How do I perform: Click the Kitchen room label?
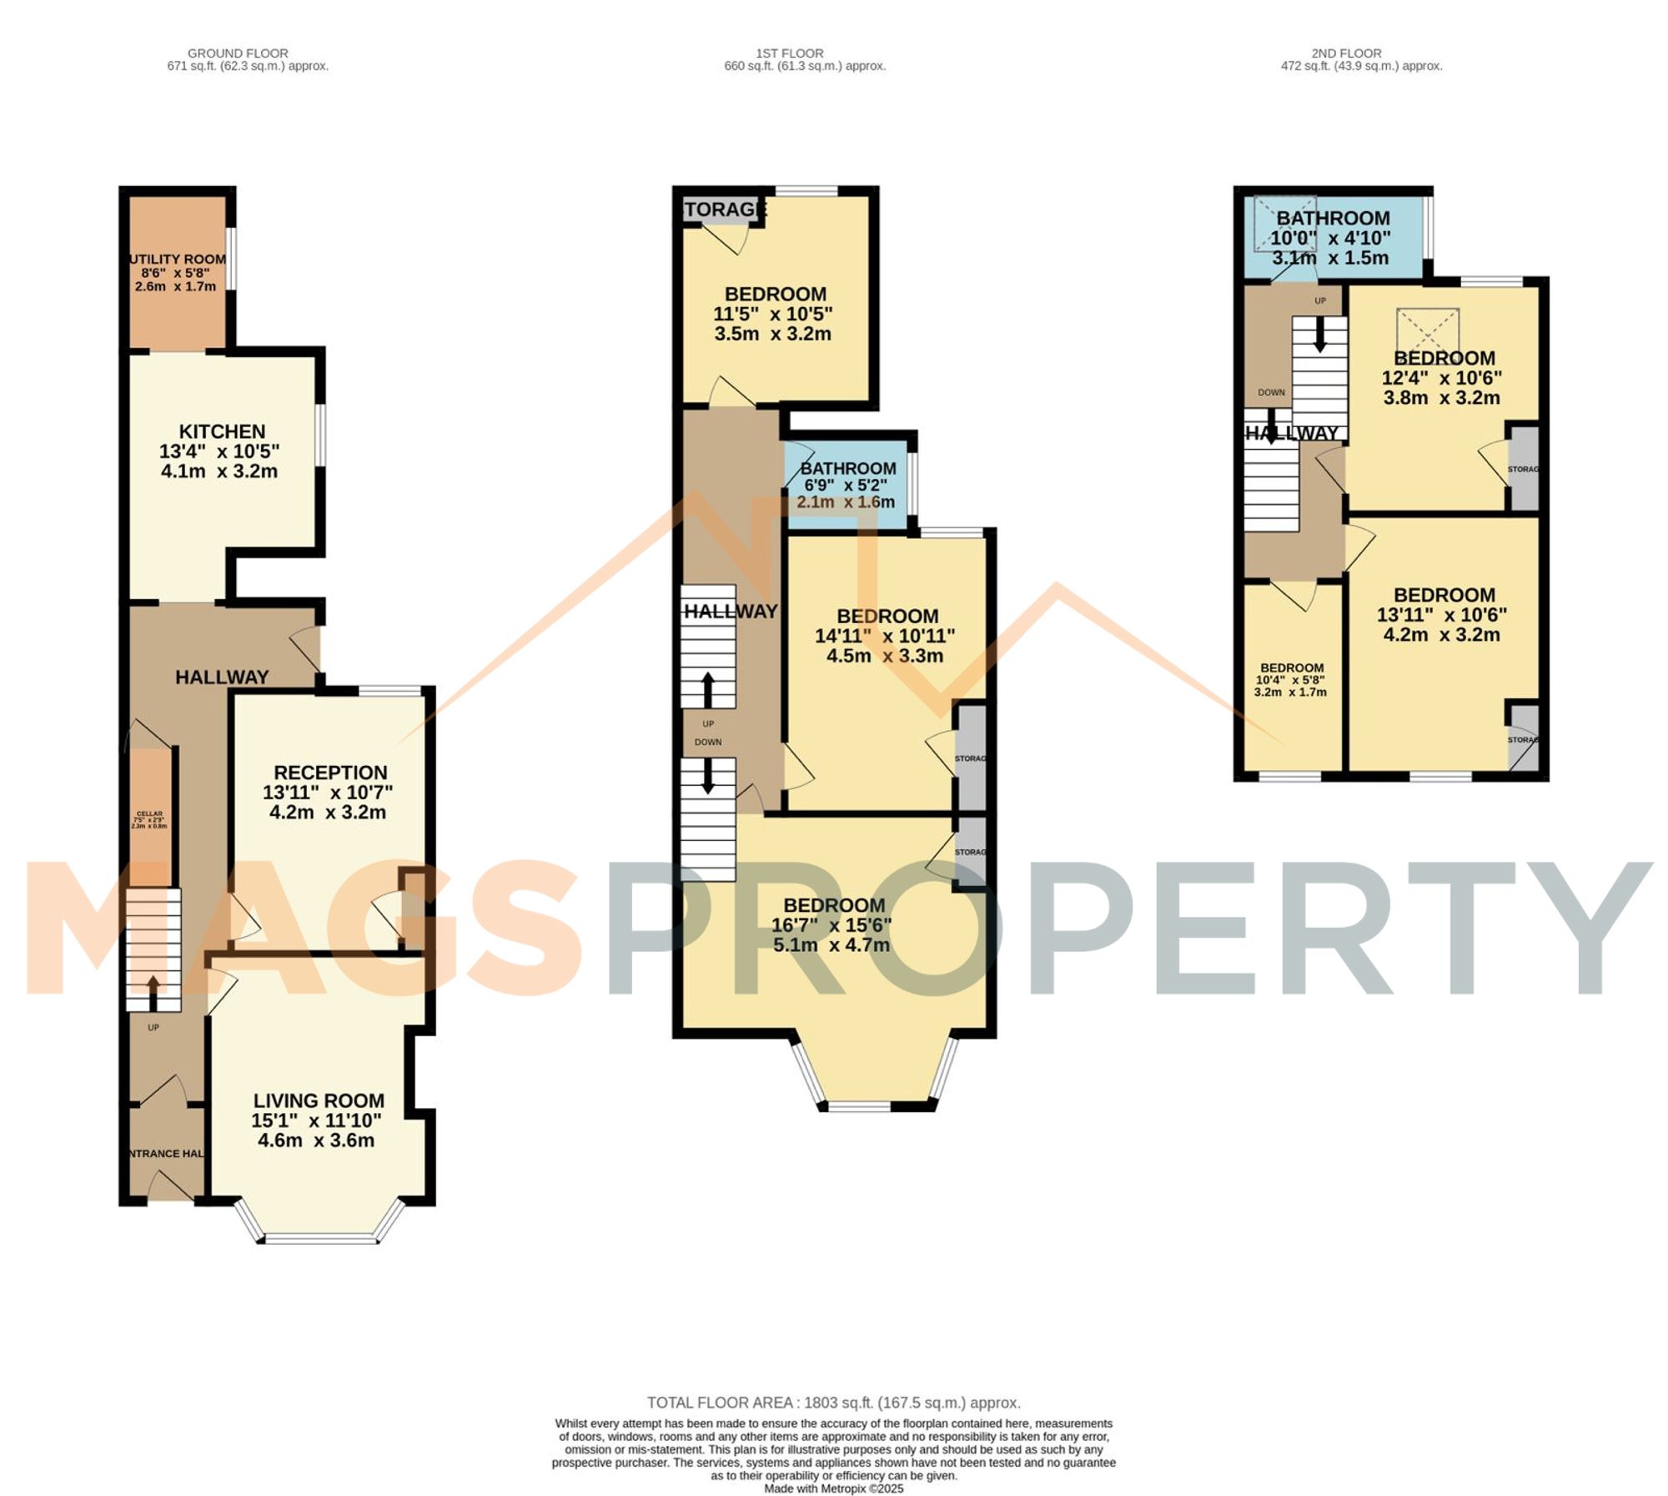tap(222, 431)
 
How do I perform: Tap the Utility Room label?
tap(177, 259)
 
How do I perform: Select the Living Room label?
tap(319, 1101)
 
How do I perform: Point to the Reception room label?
tap(330, 773)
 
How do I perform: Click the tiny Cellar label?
tap(150, 813)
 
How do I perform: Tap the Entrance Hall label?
tap(166, 1153)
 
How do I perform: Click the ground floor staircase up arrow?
tap(153, 991)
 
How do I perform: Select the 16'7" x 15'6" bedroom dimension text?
tap(831, 924)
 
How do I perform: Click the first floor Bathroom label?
tap(848, 468)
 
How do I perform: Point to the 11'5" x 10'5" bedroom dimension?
tap(772, 314)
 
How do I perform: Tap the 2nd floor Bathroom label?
tap(1333, 219)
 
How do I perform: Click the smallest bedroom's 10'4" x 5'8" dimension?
tap(1290, 680)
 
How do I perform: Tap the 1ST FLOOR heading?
tap(789, 53)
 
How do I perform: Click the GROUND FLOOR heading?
tap(238, 53)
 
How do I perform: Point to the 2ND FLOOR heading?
tap(1346, 53)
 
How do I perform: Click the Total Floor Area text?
tap(833, 1403)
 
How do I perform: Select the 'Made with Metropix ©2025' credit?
tap(833, 1488)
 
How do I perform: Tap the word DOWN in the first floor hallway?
tap(708, 742)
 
